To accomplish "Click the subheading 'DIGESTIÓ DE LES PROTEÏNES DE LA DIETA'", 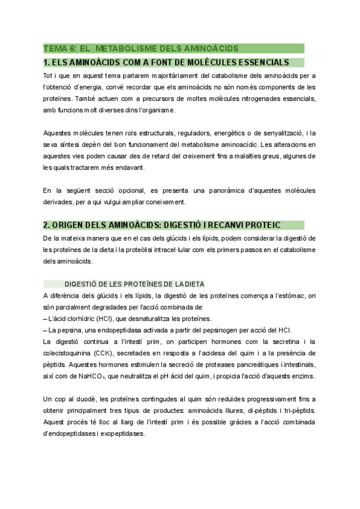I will pyautogui.click(x=135, y=284).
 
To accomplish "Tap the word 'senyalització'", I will pyautogui.click(x=277, y=133).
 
